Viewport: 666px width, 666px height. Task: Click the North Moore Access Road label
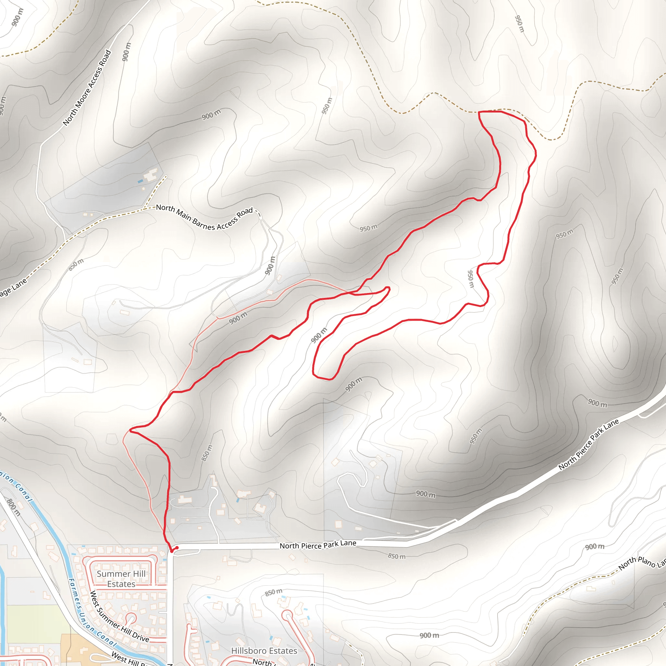(87, 87)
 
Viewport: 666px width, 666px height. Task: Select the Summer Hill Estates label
(121, 579)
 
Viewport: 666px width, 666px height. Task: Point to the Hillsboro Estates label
(264, 650)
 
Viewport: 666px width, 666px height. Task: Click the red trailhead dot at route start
(172, 551)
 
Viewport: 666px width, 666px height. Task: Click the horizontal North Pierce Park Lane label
(318, 544)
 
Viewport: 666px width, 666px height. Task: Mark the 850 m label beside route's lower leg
(207, 453)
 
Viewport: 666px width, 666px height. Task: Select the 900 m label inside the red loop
(319, 335)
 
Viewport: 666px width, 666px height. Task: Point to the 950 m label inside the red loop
(471, 279)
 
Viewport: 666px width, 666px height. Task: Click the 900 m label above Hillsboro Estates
(429, 635)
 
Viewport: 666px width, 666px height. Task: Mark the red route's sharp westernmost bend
(130, 430)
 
